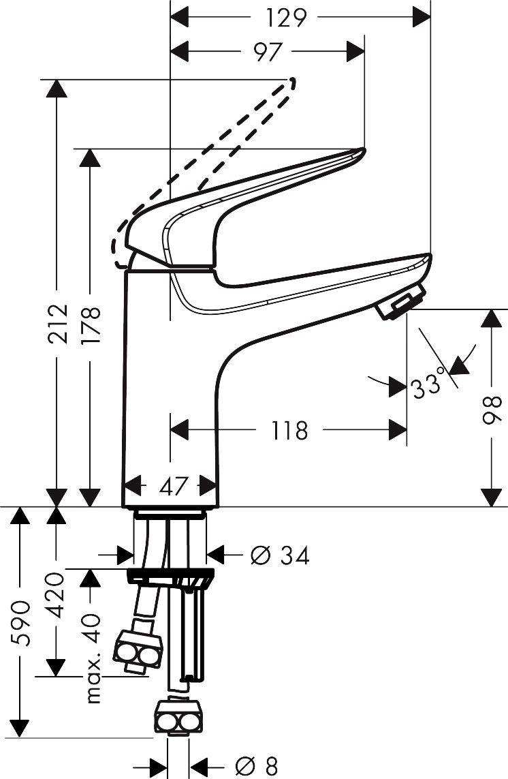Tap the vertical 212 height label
click(x=58, y=324)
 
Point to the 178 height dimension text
click(x=91, y=325)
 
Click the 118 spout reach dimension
click(x=289, y=430)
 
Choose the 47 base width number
click(x=174, y=486)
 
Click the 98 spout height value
click(x=490, y=410)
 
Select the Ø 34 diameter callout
click(x=280, y=555)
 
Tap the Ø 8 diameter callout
click(x=257, y=767)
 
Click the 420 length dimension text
click(x=56, y=595)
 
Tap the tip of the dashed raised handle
click(x=293, y=80)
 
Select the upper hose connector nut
click(x=138, y=650)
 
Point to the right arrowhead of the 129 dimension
click(x=422, y=18)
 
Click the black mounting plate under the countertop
click(x=171, y=577)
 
